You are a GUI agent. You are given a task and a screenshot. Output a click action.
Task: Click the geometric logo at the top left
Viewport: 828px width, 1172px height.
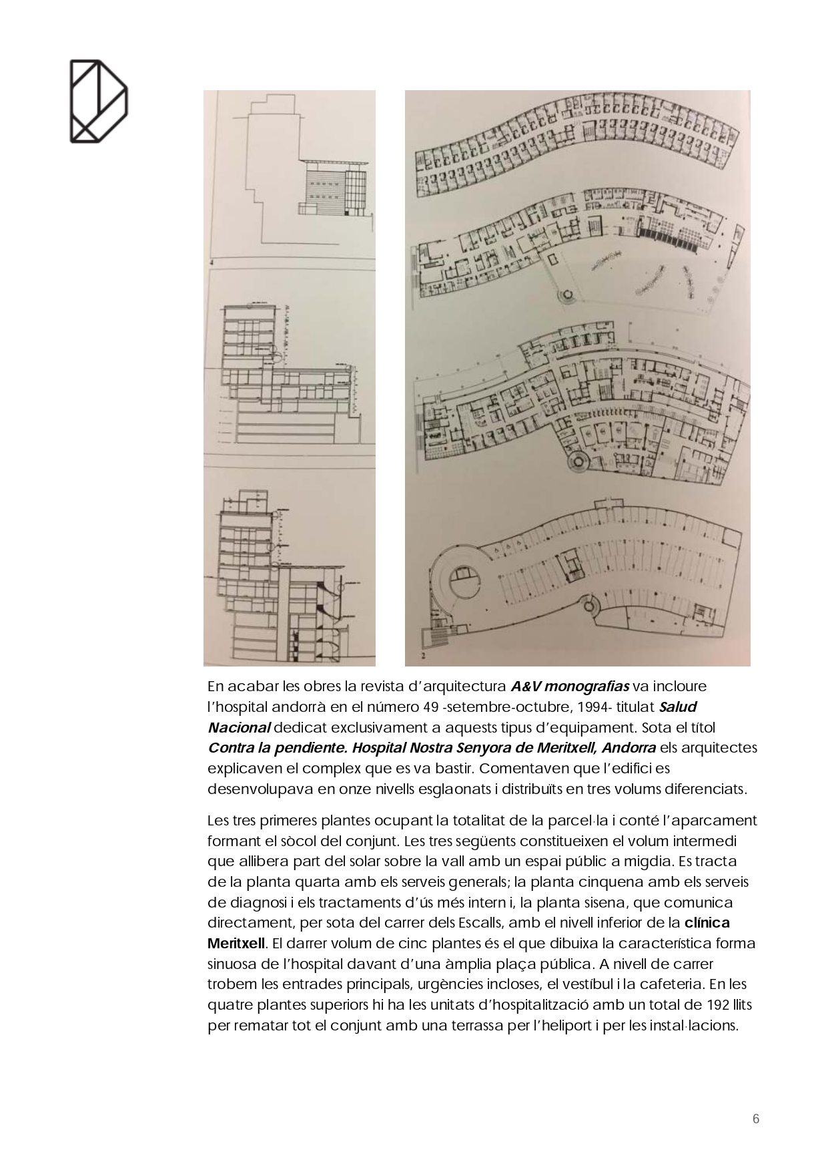(x=99, y=102)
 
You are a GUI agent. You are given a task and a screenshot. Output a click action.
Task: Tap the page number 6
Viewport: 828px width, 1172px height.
(x=756, y=1119)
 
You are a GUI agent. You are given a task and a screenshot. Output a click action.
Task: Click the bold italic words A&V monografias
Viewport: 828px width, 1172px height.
(x=570, y=687)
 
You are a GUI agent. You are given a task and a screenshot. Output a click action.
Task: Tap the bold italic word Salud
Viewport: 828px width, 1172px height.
(x=678, y=707)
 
